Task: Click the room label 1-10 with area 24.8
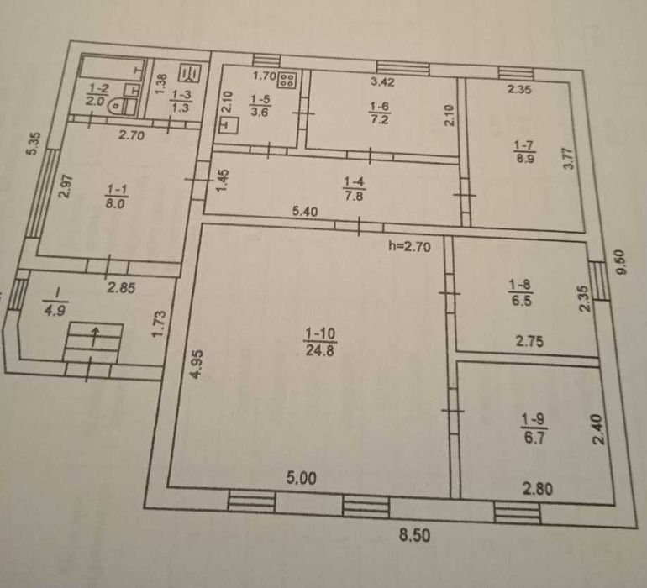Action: [x=320, y=342]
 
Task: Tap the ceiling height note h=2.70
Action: [x=409, y=246]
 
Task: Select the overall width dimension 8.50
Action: [x=415, y=535]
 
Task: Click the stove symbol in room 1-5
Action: [x=287, y=79]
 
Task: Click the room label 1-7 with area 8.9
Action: [x=524, y=151]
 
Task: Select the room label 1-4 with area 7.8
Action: [x=354, y=188]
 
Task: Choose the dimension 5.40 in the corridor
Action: [x=305, y=212]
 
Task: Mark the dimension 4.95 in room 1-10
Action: [x=197, y=364]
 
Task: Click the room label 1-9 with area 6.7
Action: [x=534, y=428]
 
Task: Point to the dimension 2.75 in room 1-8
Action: [x=529, y=341]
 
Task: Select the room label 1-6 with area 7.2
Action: [x=379, y=113]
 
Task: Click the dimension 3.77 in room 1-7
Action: [x=569, y=159]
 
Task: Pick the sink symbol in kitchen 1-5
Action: [x=229, y=125]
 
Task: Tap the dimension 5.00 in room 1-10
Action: [x=302, y=478]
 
